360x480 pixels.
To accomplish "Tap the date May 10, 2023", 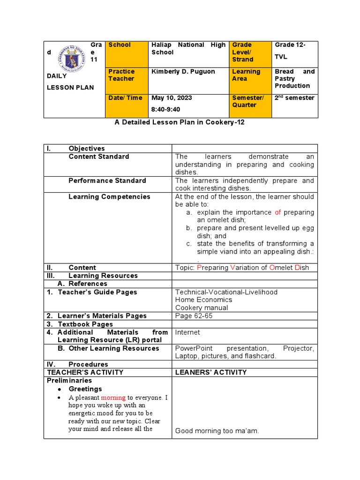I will point(172,98).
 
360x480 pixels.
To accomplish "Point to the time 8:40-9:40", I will point(166,109).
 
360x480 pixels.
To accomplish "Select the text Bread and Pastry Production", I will point(294,79).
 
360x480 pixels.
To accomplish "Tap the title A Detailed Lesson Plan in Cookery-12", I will point(180,122).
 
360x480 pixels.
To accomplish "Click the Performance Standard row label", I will point(107,180).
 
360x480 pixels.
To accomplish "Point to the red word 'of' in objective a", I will point(278,212).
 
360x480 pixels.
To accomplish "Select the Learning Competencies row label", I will point(109,197).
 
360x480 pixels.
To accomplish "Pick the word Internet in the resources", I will point(187,332).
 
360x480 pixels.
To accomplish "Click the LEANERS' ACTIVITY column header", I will point(210,372).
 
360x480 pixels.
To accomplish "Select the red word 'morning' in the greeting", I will point(113,397).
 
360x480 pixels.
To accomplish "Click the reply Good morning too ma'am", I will point(217,431).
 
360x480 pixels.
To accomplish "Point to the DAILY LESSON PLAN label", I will point(70,82).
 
